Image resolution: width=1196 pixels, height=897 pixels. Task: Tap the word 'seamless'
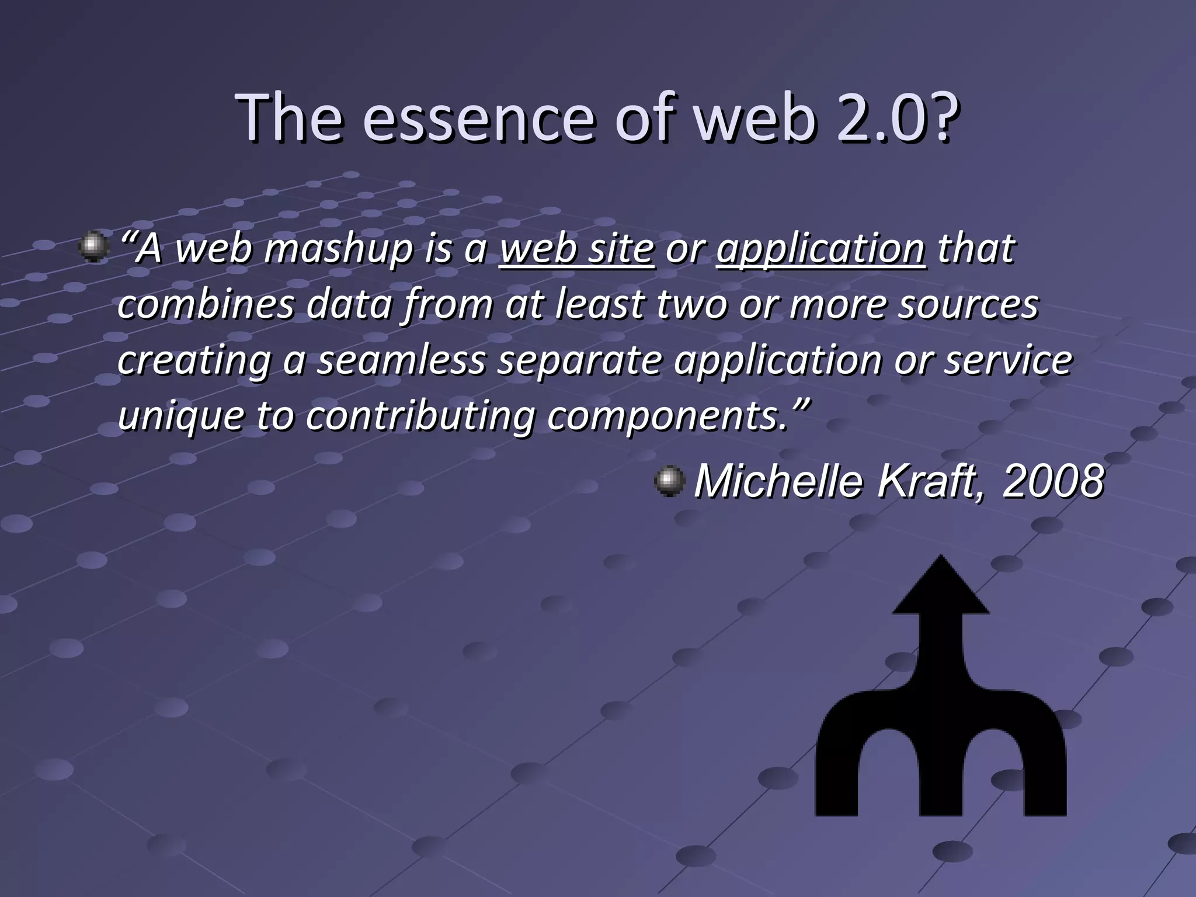point(402,360)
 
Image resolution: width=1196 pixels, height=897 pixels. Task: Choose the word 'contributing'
point(420,416)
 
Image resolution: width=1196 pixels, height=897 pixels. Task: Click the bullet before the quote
point(94,247)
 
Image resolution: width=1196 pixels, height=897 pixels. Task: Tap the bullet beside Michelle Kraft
point(669,481)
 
